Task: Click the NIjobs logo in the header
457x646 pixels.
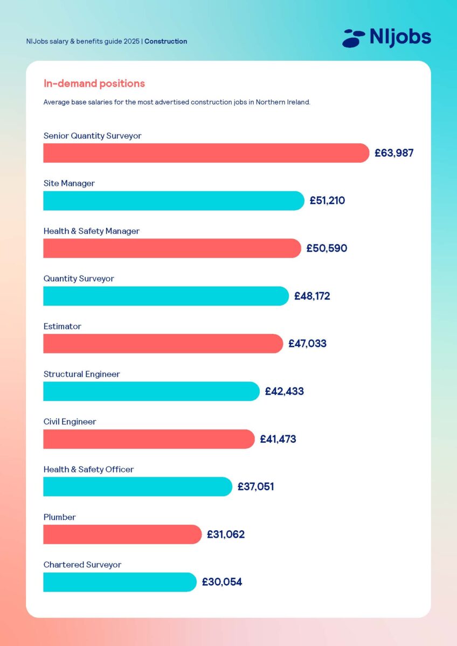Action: coord(386,38)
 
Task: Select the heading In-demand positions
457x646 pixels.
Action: coord(94,84)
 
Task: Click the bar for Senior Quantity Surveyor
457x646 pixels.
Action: coord(206,153)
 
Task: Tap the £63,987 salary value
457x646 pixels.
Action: coord(394,153)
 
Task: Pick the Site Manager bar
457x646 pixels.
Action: coord(174,201)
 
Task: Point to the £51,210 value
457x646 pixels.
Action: coord(327,201)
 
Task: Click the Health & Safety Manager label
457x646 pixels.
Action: coord(91,231)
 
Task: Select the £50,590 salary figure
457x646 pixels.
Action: coord(327,248)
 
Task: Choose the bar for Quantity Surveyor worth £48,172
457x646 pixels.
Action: coord(166,296)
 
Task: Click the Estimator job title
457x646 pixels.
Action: coord(62,327)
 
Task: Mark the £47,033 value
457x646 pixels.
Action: coord(307,344)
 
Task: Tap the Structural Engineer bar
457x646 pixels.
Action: coord(151,391)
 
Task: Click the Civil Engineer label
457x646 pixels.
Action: coord(70,422)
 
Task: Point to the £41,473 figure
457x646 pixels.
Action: coord(278,439)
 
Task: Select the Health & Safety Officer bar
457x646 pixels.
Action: coord(137,487)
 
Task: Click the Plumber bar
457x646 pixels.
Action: coord(122,534)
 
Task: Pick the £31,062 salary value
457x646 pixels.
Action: coord(225,534)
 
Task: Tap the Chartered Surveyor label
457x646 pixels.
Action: coord(82,565)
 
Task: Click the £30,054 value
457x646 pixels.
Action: coord(221,582)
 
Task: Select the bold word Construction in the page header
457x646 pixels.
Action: coord(166,41)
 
